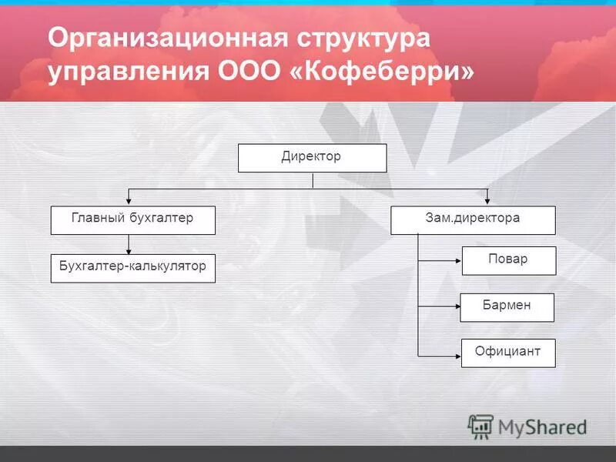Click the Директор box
(312, 158)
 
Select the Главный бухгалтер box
(132, 220)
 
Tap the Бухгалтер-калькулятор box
(132, 268)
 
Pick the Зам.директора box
(473, 220)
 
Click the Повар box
(508, 260)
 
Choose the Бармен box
(507, 307)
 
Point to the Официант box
(508, 353)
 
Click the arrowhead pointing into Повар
(457, 261)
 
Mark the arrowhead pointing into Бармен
(456, 307)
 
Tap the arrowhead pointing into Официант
(457, 355)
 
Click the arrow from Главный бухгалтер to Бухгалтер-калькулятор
(129, 244)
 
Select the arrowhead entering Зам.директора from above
(487, 202)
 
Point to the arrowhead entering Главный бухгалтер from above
(129, 202)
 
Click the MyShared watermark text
(542, 427)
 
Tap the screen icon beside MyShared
(480, 426)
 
